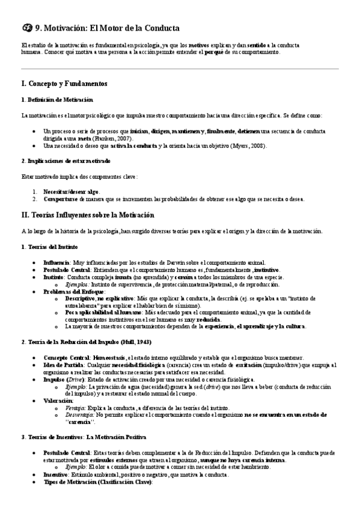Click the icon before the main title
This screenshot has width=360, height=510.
click(26, 28)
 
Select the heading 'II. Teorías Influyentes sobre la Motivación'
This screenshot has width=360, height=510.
click(88, 215)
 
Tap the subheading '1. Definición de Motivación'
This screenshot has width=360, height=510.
click(57, 99)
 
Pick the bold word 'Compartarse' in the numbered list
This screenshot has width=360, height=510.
click(59, 198)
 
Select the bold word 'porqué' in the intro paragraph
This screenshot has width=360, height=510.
click(213, 53)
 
